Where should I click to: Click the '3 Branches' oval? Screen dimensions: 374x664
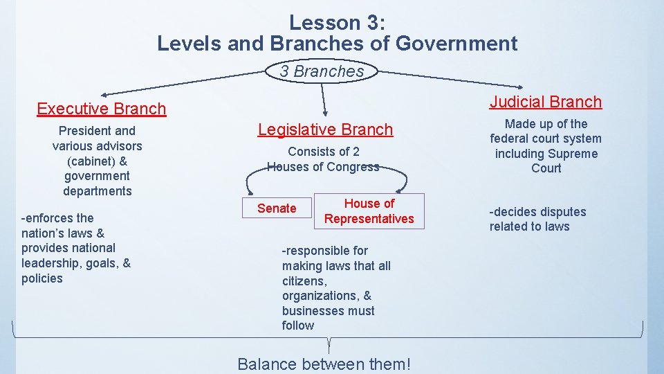pyautogui.click(x=322, y=71)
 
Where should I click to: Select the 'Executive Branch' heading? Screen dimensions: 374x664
pyautogui.click(x=101, y=109)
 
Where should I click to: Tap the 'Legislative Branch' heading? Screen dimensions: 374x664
pyautogui.click(x=325, y=130)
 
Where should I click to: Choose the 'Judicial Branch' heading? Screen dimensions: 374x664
pyautogui.click(x=546, y=102)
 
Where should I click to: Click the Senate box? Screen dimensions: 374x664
pyautogui.click(x=277, y=208)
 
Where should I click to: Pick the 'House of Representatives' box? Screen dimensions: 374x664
pyautogui.click(x=369, y=211)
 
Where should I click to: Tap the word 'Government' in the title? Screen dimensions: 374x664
pyautogui.click(x=456, y=44)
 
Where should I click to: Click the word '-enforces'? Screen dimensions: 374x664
pyautogui.click(x=49, y=218)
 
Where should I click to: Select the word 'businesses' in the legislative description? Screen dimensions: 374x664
pyautogui.click(x=311, y=311)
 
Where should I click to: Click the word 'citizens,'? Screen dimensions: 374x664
pyautogui.click(x=305, y=281)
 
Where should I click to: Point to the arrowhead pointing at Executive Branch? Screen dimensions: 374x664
pyautogui.click(x=104, y=94)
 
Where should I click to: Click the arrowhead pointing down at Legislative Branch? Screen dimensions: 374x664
pyautogui.click(x=324, y=112)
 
